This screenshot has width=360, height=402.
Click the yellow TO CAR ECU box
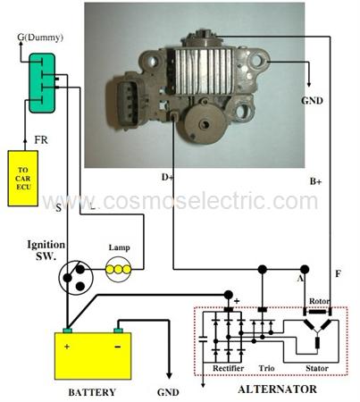coord(23,178)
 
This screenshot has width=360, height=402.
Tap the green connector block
coord(42,83)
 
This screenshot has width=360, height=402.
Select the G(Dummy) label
coord(40,38)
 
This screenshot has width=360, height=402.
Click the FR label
coord(41,139)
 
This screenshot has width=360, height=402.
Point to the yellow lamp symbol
coord(118,270)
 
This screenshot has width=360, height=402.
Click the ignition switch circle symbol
coord(76,278)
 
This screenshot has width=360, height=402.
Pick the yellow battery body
coord(93,356)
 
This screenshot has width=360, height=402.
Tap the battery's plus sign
coord(67,347)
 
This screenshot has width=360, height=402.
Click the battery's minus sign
coord(118,347)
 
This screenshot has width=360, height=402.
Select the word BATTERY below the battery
coord(92,392)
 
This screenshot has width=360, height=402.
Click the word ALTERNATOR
coord(277,389)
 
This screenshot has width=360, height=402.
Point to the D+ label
coord(167,177)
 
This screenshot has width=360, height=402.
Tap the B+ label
coord(315,181)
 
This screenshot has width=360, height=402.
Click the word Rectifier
coord(228,368)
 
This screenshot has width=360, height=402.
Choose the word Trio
coord(266,368)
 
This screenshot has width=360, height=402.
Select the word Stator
coord(317,368)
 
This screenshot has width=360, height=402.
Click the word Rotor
coord(319,301)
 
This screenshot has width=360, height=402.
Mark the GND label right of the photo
coord(312,101)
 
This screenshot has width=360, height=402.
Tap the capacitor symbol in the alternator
coord(203,339)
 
